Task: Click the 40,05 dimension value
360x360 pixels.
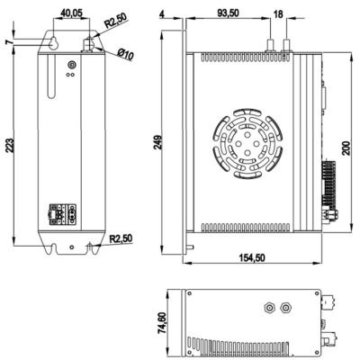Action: click(x=70, y=13)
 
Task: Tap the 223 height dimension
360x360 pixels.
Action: click(x=10, y=149)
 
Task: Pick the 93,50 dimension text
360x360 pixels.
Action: click(x=228, y=13)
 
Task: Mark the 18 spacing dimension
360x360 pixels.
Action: click(x=277, y=13)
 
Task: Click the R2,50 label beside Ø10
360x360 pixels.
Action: click(x=115, y=21)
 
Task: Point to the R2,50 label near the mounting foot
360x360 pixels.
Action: click(x=123, y=239)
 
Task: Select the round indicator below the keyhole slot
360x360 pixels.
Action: click(x=72, y=65)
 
